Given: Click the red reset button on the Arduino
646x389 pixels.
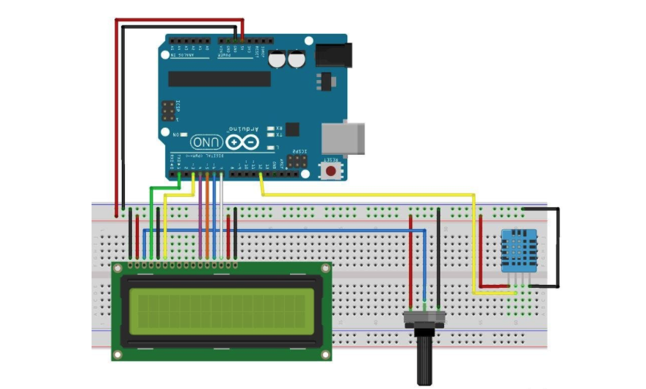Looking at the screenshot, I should [332, 171].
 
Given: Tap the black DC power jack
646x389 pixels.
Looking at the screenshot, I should [333, 54].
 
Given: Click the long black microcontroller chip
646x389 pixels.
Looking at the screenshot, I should [219, 79].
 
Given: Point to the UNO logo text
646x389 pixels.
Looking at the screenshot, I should [208, 142].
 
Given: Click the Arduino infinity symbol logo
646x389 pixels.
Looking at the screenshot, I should [243, 142].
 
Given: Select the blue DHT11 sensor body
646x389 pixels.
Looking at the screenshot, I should [520, 250].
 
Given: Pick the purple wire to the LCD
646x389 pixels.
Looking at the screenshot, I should [200, 220].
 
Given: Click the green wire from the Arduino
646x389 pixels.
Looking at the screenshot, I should [151, 213].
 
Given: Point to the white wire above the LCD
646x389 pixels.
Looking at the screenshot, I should [222, 220].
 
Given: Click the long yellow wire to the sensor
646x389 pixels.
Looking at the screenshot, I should [367, 195].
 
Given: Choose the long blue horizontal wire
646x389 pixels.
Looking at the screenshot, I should [294, 230].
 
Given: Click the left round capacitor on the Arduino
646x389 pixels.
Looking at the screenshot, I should [277, 60].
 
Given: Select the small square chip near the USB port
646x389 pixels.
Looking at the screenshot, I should [293, 129].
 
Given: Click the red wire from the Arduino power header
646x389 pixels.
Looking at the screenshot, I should [115, 110].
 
